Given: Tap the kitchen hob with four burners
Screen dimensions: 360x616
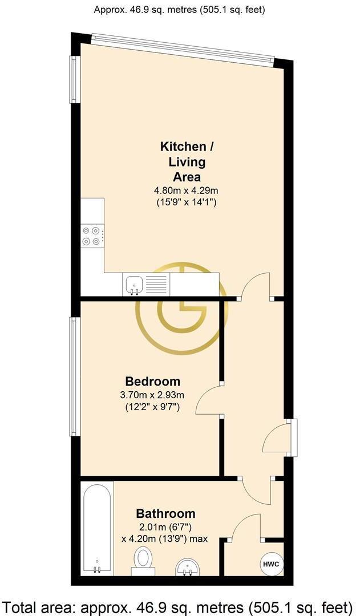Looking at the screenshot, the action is pyautogui.click(x=92, y=237).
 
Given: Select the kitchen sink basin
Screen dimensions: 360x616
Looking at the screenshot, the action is pyautogui.click(x=134, y=284).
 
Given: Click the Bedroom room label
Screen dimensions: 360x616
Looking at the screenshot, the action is pyautogui.click(x=153, y=381).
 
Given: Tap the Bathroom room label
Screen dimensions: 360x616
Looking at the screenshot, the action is pyautogui.click(x=166, y=513).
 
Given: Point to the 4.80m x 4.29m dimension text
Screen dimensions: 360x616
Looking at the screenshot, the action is pyautogui.click(x=186, y=191).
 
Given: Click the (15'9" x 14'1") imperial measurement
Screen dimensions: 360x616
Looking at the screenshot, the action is pyautogui.click(x=186, y=203).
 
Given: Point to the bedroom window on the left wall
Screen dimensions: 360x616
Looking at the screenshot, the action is pyautogui.click(x=74, y=376).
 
